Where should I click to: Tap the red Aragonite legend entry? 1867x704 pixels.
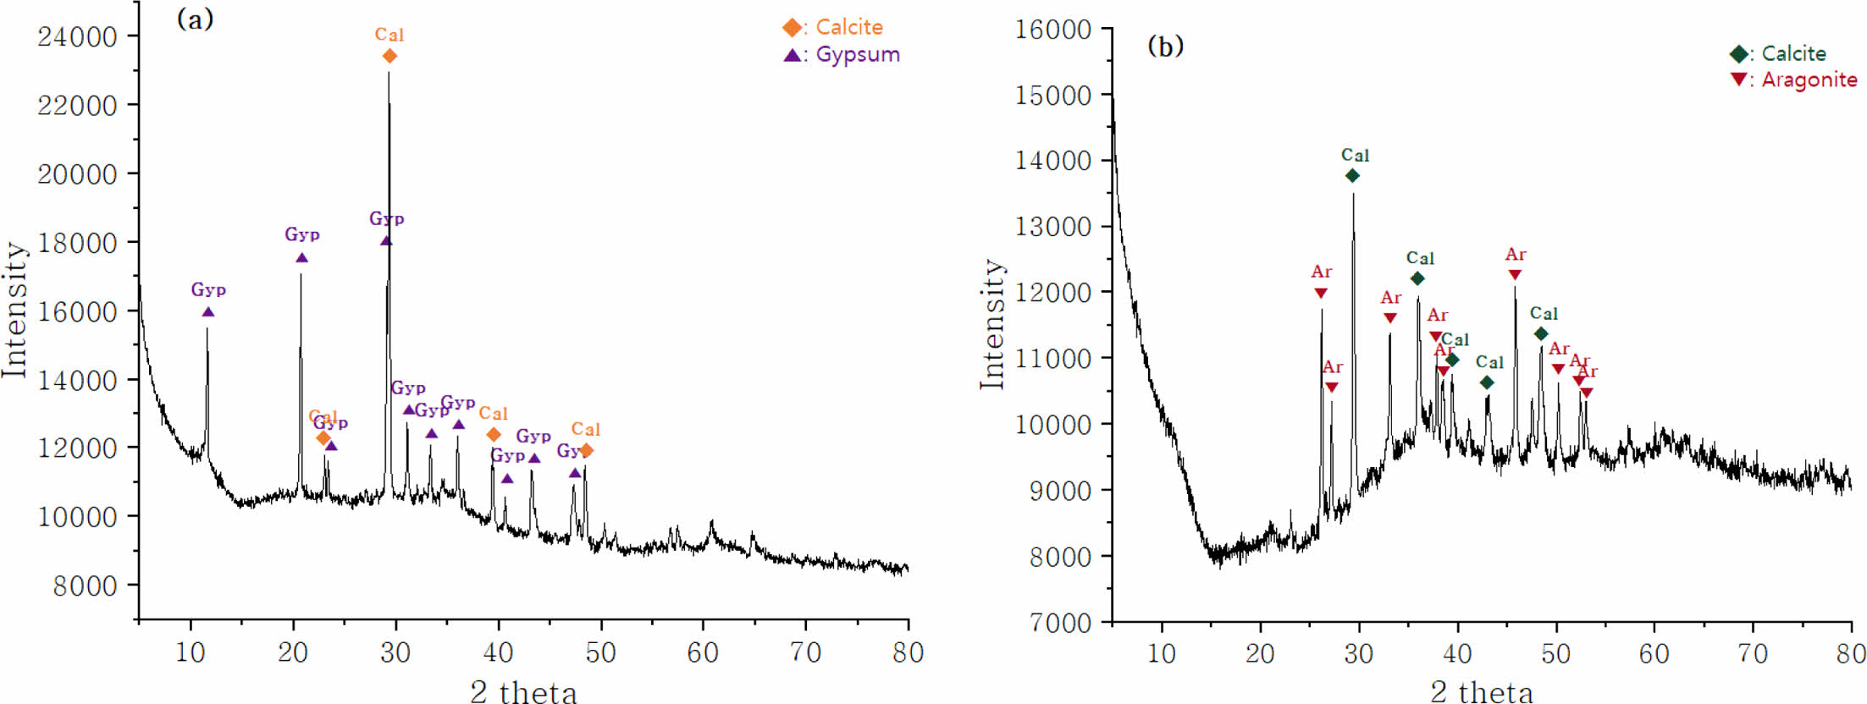(x=1795, y=80)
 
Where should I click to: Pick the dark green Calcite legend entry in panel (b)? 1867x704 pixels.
(x=1779, y=53)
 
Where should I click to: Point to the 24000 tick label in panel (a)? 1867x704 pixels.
(x=77, y=36)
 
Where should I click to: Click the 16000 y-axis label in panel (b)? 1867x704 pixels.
(x=1053, y=29)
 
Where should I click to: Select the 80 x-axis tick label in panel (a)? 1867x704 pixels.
(x=908, y=652)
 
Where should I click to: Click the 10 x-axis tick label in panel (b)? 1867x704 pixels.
(x=1161, y=653)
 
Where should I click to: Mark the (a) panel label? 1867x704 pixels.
(x=195, y=19)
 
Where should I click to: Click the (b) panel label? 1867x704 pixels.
(x=1165, y=46)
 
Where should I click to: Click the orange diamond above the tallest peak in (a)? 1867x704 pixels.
(x=389, y=56)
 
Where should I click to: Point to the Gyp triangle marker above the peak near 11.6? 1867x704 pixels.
(x=208, y=312)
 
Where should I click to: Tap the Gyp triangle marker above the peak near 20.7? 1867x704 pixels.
(x=301, y=258)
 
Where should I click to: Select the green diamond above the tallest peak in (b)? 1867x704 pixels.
(x=1352, y=176)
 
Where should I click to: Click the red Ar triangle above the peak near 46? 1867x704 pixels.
(x=1515, y=275)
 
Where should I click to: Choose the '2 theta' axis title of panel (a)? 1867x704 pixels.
(x=523, y=691)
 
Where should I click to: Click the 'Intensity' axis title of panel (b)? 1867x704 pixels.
(x=992, y=324)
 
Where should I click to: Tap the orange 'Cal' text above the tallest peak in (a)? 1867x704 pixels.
(x=389, y=35)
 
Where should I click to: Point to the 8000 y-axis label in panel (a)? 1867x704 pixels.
(x=85, y=586)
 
